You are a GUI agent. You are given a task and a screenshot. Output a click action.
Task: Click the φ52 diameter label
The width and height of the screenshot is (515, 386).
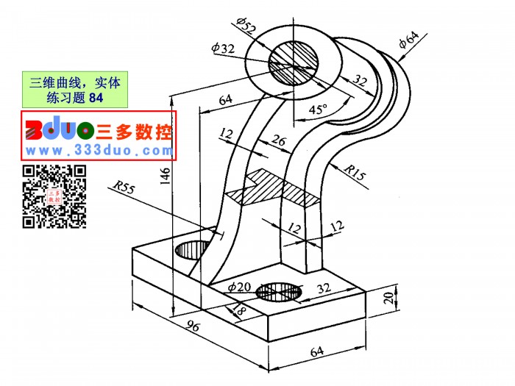pos(246,26)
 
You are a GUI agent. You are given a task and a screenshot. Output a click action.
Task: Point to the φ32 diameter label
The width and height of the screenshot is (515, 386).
pos(223,48)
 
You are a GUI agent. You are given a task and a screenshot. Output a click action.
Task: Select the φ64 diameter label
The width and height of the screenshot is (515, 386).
pos(409,39)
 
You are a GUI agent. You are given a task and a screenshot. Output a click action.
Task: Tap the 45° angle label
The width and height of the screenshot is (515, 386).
pos(318,109)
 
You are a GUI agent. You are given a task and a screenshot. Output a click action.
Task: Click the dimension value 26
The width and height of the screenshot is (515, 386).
pos(279,140)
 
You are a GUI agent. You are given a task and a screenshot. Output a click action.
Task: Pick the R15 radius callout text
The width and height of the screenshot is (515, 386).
pos(355,172)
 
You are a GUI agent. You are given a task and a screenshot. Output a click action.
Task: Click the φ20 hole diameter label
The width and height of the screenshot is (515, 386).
pos(239,287)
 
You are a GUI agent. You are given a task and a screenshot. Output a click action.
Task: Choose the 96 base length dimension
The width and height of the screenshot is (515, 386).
pos(193,326)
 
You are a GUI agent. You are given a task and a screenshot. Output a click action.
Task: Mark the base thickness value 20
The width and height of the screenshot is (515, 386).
pos(388,298)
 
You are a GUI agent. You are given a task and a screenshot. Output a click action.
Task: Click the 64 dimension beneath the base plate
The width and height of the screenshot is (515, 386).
pos(317,351)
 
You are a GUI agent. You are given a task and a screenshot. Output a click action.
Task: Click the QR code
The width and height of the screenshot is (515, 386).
pos(54,196)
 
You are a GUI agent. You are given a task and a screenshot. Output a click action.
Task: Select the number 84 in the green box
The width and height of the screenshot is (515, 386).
pos(96,98)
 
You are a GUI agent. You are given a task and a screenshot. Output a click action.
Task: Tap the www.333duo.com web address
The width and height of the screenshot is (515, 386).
pos(99,151)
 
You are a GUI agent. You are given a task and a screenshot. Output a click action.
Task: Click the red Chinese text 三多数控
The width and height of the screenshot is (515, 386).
pos(134,132)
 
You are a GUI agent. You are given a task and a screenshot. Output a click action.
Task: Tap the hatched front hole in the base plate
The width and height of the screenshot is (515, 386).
pos(279,291)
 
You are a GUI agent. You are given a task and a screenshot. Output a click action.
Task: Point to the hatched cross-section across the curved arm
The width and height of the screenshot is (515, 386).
pos(274,190)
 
